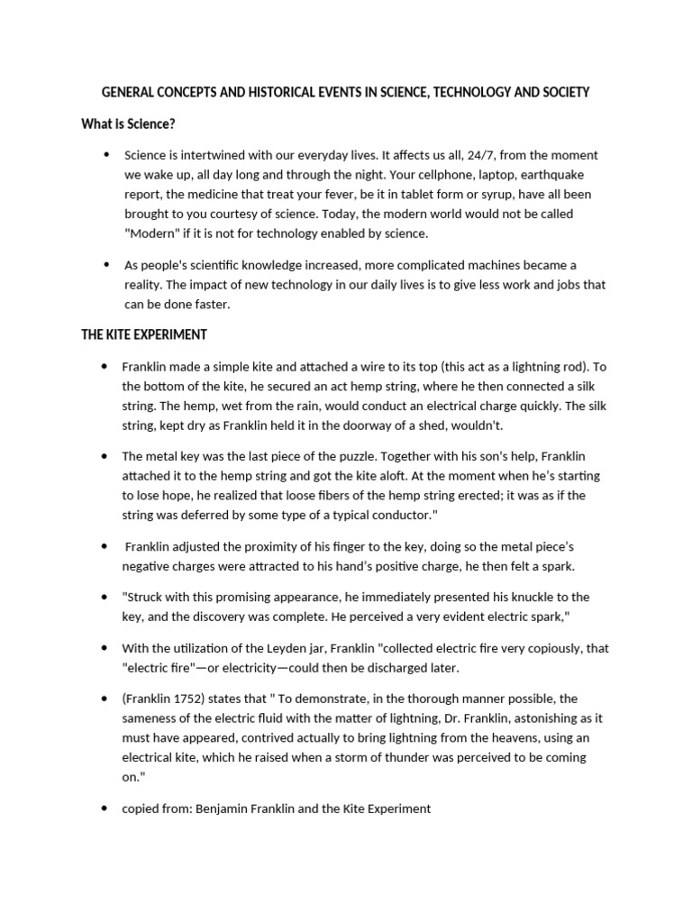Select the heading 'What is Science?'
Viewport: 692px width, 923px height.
(128, 123)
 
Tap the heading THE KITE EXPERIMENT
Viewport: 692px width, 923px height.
(144, 334)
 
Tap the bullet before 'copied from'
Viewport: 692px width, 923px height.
(105, 809)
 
